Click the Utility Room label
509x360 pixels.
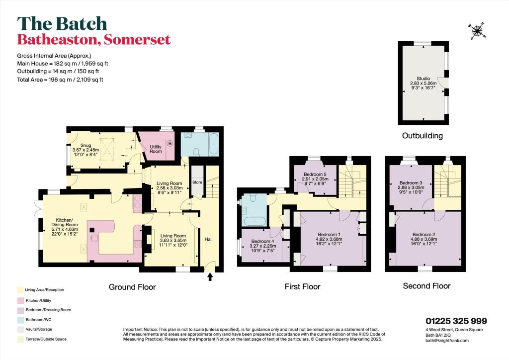pyautogui.click(x=156, y=148)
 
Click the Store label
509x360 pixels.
pyautogui.click(x=197, y=182)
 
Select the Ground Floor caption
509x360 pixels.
pyautogui.click(x=133, y=287)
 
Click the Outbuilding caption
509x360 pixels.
pyautogui.click(x=422, y=135)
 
